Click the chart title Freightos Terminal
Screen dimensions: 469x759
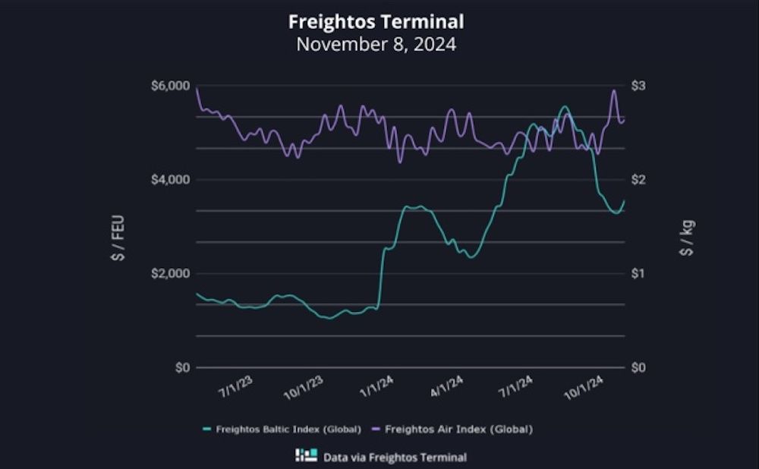pyautogui.click(x=376, y=20)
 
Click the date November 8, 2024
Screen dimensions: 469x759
pyautogui.click(x=376, y=44)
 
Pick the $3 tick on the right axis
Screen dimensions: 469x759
pyautogui.click(x=638, y=86)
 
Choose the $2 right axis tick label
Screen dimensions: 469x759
pyautogui.click(x=638, y=180)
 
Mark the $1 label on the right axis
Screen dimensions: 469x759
pyautogui.click(x=638, y=273)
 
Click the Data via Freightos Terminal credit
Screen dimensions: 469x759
pyautogui.click(x=395, y=457)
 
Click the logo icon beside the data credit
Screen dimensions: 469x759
pyautogui.click(x=306, y=456)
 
